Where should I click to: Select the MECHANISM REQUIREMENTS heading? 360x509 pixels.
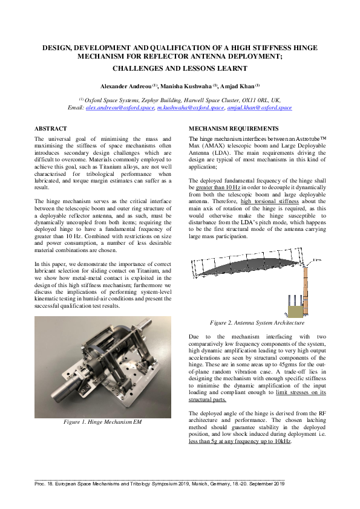pyautogui.click(x=234, y=129)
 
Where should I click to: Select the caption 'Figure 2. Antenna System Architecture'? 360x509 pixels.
pyautogui.click(x=257, y=323)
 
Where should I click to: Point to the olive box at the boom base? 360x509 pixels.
pyautogui.click(x=296, y=311)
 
